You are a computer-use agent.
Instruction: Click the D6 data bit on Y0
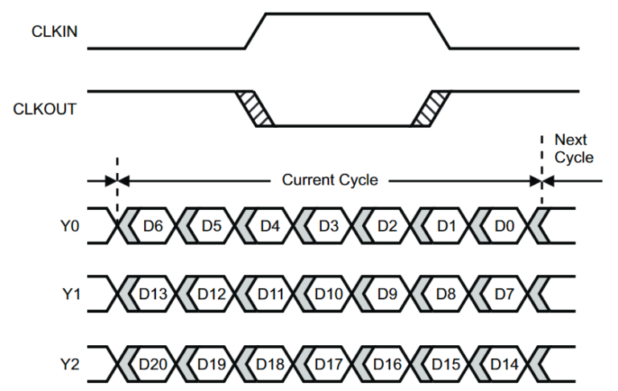click(x=153, y=226)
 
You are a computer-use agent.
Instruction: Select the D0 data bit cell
click(x=505, y=226)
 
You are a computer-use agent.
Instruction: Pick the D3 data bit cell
click(x=328, y=226)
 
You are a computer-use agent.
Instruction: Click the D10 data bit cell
click(x=328, y=294)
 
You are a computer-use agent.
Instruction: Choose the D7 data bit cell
click(x=505, y=294)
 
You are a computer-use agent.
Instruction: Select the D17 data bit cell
click(x=328, y=364)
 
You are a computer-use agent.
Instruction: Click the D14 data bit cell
click(x=505, y=364)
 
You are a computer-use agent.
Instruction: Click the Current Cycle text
click(x=329, y=180)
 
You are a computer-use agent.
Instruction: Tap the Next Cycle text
click(x=574, y=149)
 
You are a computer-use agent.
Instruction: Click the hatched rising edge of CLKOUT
click(x=430, y=108)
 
